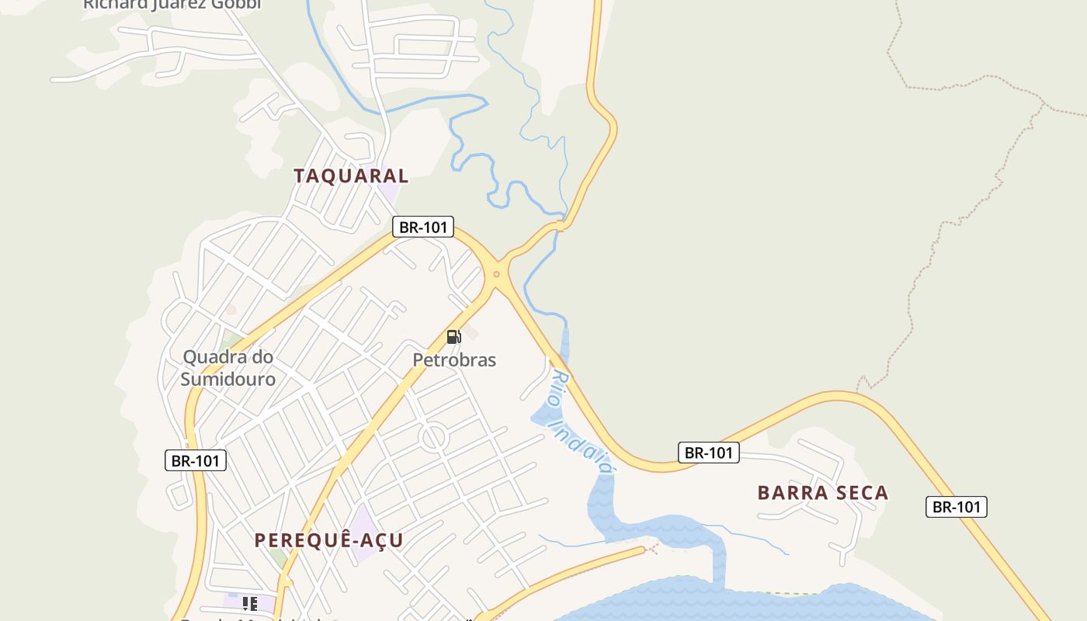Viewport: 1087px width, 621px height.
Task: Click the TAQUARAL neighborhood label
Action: [x=351, y=176]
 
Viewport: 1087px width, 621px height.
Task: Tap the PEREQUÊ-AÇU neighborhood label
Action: [x=329, y=540]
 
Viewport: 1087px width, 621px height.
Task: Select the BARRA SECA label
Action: [x=823, y=493]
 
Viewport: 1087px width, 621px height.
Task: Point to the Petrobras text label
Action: [x=454, y=360]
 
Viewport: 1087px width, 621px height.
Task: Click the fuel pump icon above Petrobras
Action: [x=454, y=337]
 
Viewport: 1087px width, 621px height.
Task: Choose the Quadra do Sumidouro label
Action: [x=228, y=368]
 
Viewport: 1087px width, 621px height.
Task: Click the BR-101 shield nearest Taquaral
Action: [x=423, y=227]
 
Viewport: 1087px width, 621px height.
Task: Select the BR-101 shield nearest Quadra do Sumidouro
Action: [x=196, y=460]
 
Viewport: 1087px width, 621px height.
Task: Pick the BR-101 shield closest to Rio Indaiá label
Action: [x=709, y=453]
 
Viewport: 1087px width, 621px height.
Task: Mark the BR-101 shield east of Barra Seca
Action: [x=957, y=507]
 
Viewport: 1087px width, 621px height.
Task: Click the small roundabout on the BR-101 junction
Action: [x=496, y=274]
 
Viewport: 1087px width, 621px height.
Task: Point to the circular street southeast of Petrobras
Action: [x=433, y=438]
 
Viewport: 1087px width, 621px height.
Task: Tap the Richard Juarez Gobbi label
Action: [x=172, y=5]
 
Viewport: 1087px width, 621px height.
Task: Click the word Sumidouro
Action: [x=228, y=380]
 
